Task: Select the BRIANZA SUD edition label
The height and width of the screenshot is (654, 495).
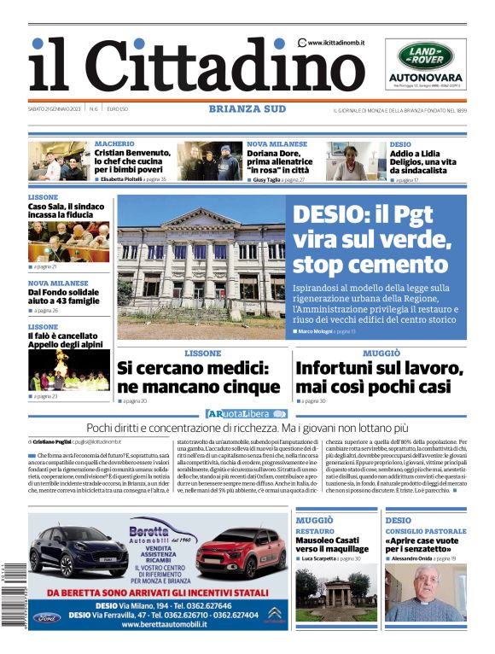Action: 247,108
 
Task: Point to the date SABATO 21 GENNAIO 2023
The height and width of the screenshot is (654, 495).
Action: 55,109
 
